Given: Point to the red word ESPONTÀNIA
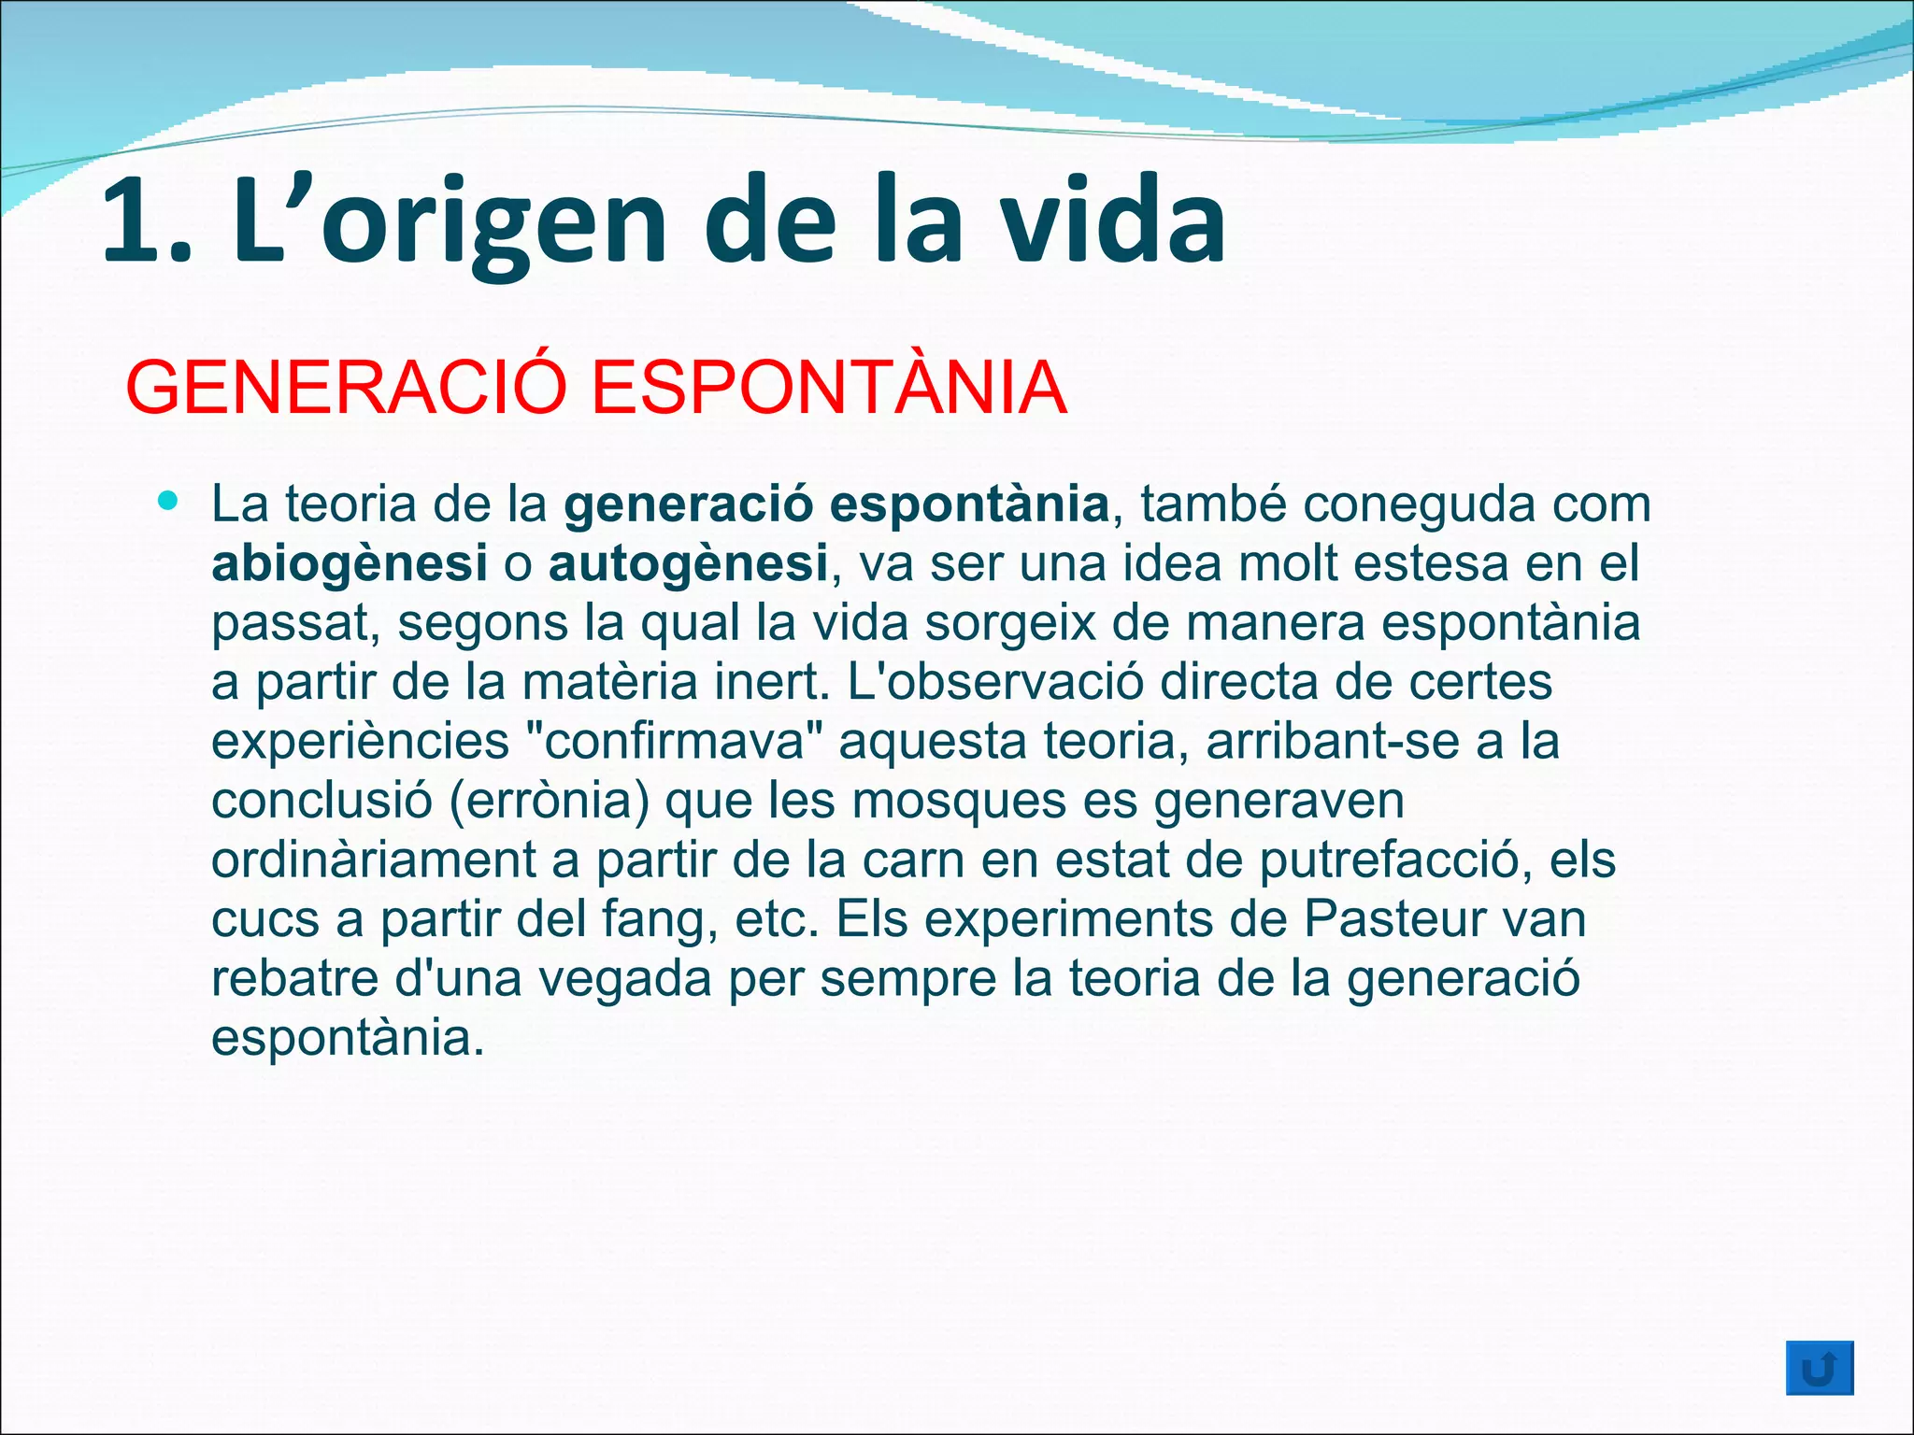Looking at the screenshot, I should pos(829,388).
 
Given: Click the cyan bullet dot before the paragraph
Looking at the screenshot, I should pos(168,502).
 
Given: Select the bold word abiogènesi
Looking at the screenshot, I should pos(350,564).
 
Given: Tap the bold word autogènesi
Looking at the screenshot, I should pos(688,564).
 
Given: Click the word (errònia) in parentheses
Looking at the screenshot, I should pos(549,801).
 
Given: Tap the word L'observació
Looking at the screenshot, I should pos(995,682).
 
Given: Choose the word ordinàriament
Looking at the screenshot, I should pos(374,860).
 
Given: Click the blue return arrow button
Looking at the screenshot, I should pos(1819,1370).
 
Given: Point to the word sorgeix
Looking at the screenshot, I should pos(1009,623).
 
